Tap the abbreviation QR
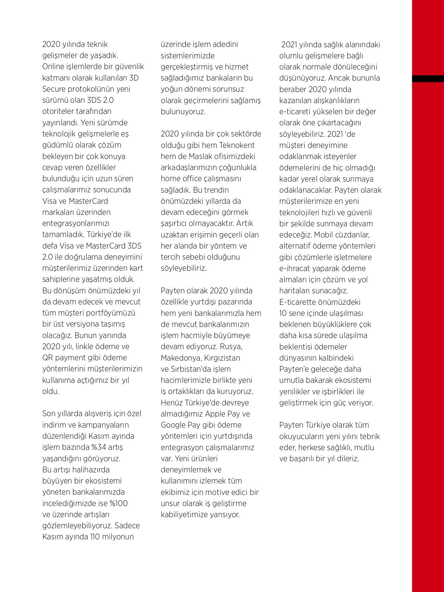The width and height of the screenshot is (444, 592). [x=48, y=358]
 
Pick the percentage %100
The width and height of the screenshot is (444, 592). [x=119, y=503]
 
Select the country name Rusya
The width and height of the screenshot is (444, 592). [x=231, y=347]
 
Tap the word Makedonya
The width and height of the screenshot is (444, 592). [x=181, y=358]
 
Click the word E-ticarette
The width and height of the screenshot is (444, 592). [x=298, y=302]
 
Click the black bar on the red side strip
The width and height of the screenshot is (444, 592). [x=428, y=79]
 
